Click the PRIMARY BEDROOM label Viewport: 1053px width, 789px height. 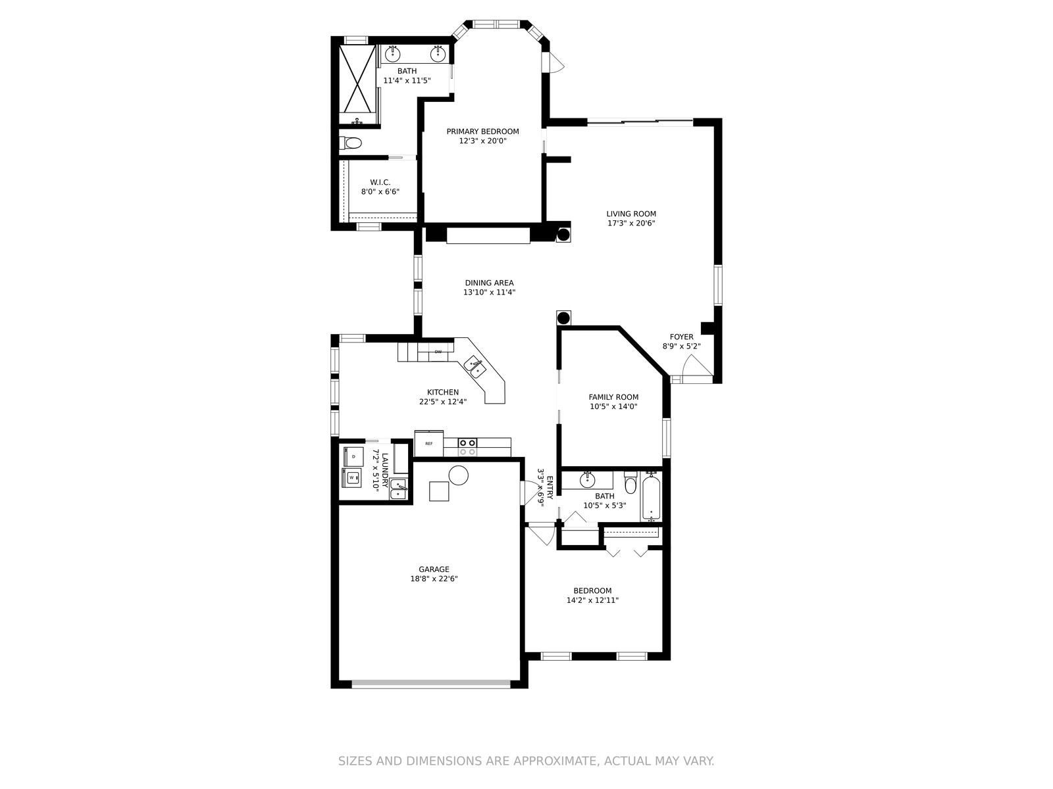[x=482, y=131]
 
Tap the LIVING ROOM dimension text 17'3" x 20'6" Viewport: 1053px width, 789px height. [x=631, y=224]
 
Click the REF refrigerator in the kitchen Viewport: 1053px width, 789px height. [x=429, y=444]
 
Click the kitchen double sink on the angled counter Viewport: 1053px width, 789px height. [x=475, y=367]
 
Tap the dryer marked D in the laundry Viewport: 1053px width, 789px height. [x=353, y=456]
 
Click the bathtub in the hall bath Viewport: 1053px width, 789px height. [x=651, y=498]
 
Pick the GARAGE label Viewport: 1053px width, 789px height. [x=434, y=569]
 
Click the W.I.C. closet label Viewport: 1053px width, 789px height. [x=380, y=183]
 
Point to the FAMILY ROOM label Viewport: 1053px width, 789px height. [x=613, y=397]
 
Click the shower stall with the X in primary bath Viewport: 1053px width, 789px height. [x=357, y=79]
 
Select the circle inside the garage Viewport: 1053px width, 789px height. [x=458, y=475]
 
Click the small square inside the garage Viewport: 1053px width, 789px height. [x=439, y=492]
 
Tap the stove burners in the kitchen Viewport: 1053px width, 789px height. [x=467, y=447]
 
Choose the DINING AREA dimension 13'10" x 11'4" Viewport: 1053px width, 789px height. [x=490, y=292]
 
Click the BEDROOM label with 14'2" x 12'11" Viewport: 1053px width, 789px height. [x=592, y=591]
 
